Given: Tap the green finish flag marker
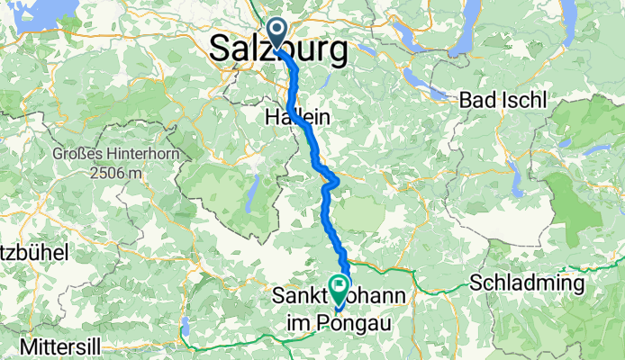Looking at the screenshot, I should (340, 289).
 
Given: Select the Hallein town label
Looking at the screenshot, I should (297, 117).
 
